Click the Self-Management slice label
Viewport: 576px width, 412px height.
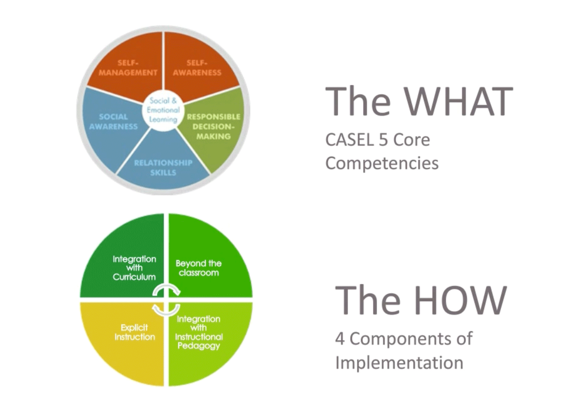(128, 68)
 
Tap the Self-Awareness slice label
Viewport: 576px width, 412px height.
(197, 68)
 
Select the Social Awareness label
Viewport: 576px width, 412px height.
(113, 122)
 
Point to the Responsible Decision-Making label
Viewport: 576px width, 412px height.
(213, 126)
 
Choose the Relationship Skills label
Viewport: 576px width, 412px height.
(163, 168)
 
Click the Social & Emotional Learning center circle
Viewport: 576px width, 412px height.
(163, 110)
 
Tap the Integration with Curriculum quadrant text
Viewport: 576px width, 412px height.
(134, 268)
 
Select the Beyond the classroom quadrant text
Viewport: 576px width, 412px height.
(198, 268)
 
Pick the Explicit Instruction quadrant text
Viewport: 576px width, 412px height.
(135, 332)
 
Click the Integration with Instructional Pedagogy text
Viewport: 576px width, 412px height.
(199, 332)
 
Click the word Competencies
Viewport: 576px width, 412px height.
(382, 163)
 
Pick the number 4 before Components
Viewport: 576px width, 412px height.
(339, 339)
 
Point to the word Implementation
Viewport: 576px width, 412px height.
(399, 363)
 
